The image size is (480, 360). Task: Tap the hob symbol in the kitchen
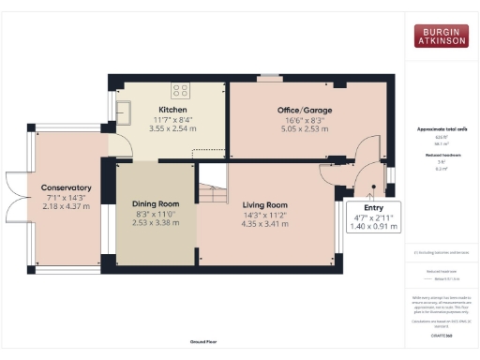click(x=178, y=91)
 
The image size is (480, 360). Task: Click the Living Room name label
click(x=264, y=203)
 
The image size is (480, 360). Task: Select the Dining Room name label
click(x=155, y=203)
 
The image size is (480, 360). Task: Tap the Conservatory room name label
click(x=67, y=187)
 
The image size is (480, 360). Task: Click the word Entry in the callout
click(x=373, y=208)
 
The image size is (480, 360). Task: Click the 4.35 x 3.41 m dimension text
click(x=264, y=223)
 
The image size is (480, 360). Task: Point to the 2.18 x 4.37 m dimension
click(x=67, y=206)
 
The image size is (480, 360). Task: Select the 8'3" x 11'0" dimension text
click(x=155, y=214)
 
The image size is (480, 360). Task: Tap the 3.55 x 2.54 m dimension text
click(x=172, y=128)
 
